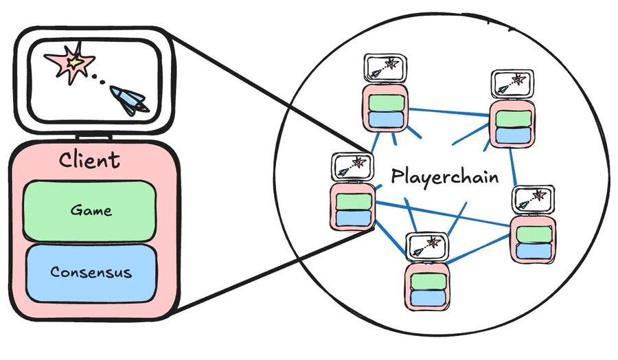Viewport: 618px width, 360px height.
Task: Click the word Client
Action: click(x=89, y=160)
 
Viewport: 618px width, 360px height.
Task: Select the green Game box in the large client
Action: click(x=90, y=211)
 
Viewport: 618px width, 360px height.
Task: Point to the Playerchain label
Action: click(x=444, y=177)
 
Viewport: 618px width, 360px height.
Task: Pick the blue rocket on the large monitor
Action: click(x=128, y=100)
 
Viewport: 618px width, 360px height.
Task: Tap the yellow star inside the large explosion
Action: click(x=74, y=62)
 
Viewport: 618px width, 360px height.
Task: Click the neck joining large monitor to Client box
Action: click(x=93, y=137)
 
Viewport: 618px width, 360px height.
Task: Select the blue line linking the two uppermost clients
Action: click(x=448, y=112)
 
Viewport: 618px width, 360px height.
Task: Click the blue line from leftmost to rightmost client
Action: click(x=443, y=214)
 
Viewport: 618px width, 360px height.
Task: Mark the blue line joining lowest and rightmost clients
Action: click(x=478, y=249)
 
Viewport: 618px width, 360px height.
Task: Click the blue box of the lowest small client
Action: click(x=428, y=298)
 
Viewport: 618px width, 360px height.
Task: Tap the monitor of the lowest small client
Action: click(x=427, y=247)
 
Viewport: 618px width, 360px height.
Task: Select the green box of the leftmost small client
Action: click(x=354, y=202)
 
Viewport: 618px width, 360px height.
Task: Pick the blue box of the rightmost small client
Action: click(x=534, y=251)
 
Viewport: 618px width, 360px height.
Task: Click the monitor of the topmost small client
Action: click(x=385, y=68)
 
